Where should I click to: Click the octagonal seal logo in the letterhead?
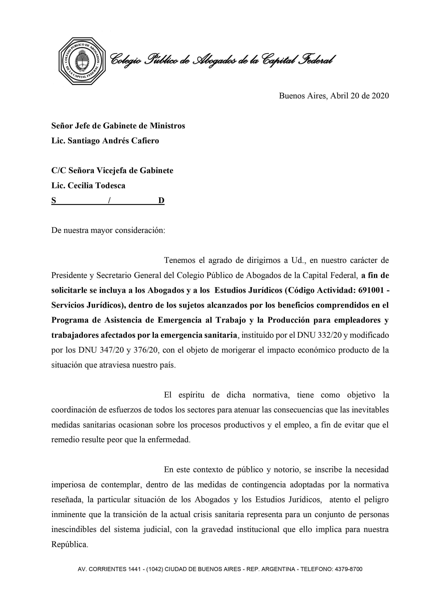point(82,61)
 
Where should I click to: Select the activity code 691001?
point(371,291)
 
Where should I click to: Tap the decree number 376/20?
point(145,350)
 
